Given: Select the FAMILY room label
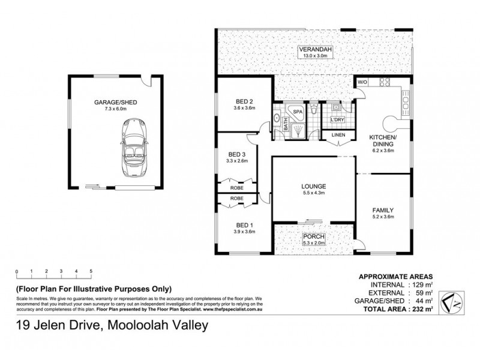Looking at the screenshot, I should [x=383, y=210].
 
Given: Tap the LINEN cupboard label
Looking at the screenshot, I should [x=338, y=136].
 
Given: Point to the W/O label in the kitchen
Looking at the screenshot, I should [x=362, y=82].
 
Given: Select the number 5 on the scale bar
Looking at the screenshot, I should [x=91, y=272].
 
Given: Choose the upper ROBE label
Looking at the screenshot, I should [x=237, y=187].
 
